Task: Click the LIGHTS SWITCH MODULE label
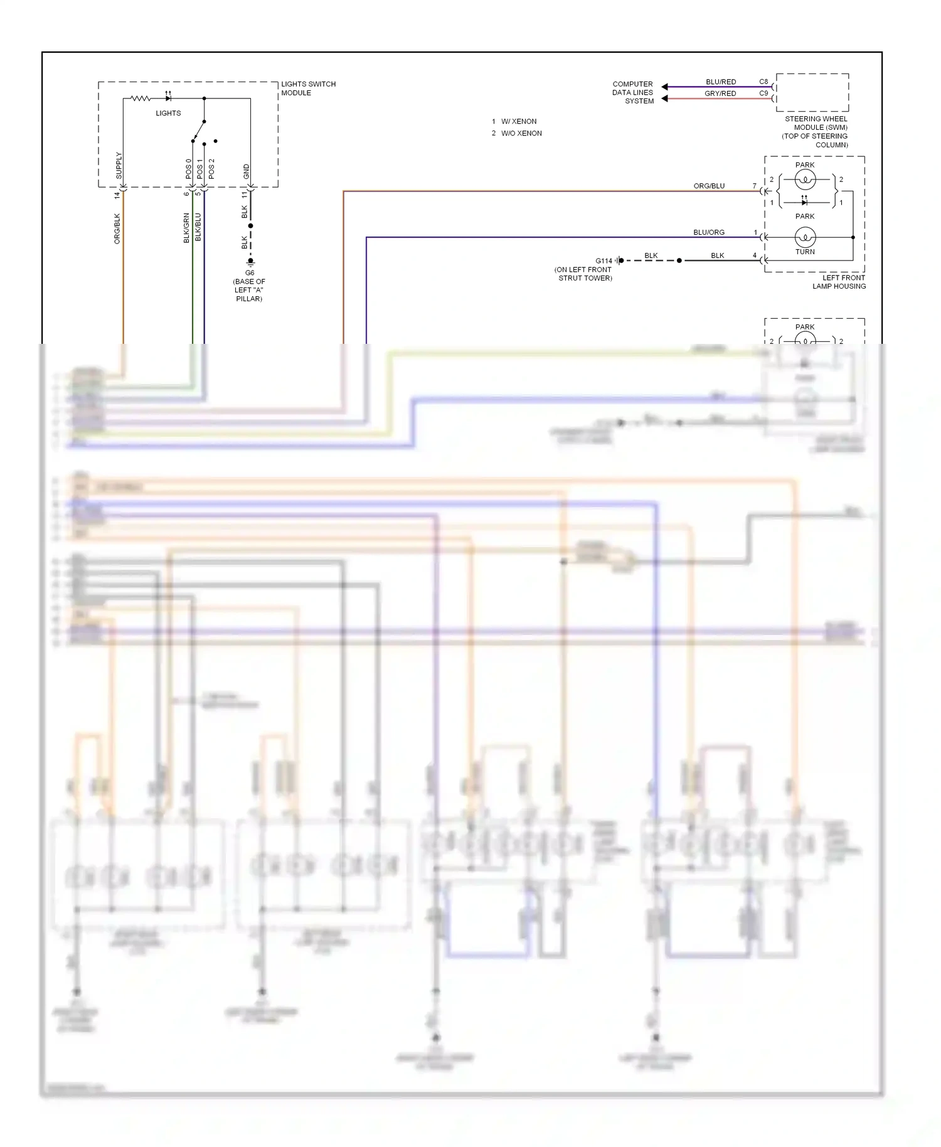tap(307, 88)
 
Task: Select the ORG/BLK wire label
tap(117, 228)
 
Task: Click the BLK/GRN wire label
tap(186, 228)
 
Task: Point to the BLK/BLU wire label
tap(198, 227)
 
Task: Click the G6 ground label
tap(250, 273)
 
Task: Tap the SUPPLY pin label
tap(119, 166)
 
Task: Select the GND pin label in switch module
tap(247, 171)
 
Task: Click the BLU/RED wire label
tap(720, 82)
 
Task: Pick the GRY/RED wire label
tap(720, 93)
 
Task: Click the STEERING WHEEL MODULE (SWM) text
tap(816, 123)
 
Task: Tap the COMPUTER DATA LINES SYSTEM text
tap(632, 92)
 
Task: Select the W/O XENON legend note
tap(521, 133)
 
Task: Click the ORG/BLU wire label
tap(709, 186)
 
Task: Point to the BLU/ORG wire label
tap(709, 232)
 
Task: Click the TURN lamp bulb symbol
tap(805, 237)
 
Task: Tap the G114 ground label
tap(603, 261)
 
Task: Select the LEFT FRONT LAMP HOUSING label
tap(839, 282)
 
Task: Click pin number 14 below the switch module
tap(117, 195)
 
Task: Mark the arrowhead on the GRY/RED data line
tap(664, 99)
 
